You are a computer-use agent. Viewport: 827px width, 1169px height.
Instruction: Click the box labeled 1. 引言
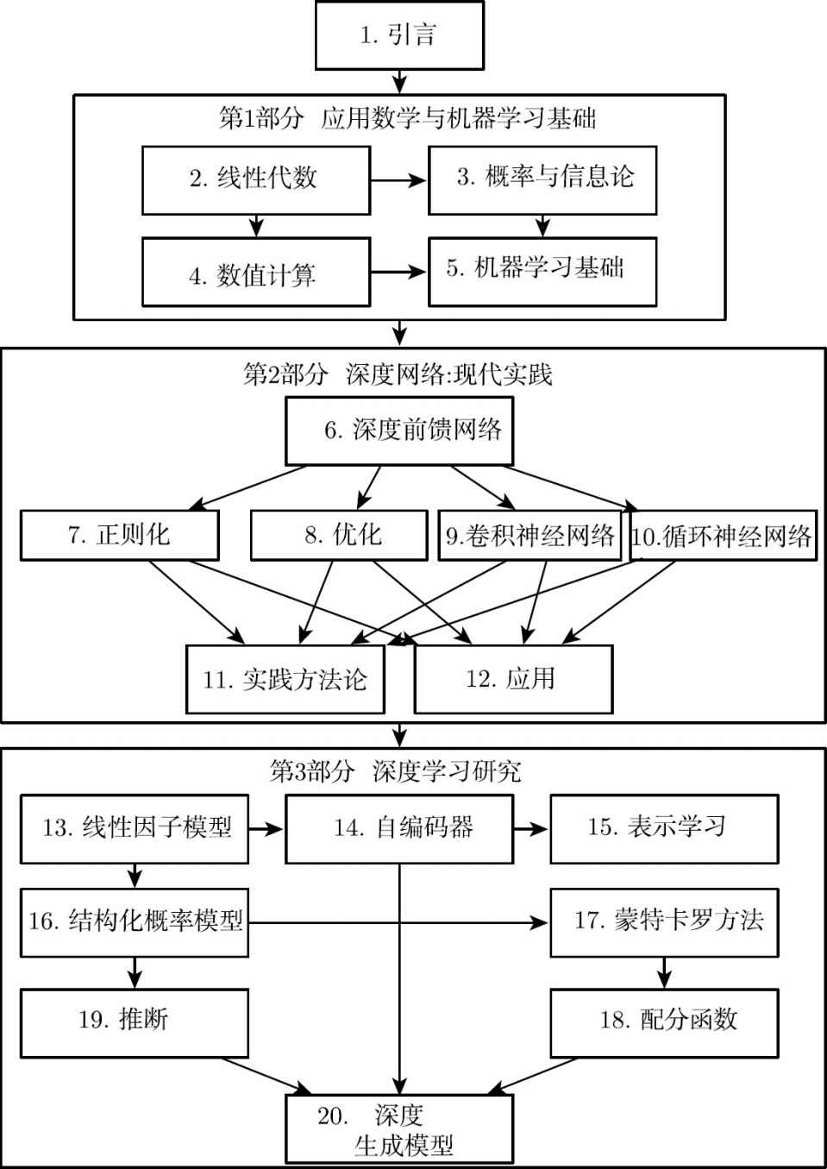point(399,35)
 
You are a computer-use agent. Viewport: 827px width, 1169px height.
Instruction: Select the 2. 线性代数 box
point(256,180)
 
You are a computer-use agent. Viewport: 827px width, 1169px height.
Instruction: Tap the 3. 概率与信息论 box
point(542,180)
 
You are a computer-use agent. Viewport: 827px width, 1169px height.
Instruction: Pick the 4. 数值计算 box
point(256,272)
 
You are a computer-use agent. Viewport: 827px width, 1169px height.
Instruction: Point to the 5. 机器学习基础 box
point(542,272)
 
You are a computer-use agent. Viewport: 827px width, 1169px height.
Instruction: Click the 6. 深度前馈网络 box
point(399,431)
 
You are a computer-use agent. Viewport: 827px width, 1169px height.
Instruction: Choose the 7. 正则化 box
point(120,536)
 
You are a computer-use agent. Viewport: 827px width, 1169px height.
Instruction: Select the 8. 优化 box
point(339,536)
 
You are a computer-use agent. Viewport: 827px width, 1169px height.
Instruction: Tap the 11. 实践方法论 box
point(285,679)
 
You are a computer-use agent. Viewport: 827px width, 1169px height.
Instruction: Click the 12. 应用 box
point(513,679)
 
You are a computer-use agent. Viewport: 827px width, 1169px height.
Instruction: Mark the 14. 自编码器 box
point(399,829)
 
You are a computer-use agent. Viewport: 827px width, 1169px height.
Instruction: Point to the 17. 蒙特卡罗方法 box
point(665,922)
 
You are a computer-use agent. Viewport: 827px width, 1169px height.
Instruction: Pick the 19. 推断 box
point(135,1023)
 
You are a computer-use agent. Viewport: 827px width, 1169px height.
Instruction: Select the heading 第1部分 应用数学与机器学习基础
point(408,118)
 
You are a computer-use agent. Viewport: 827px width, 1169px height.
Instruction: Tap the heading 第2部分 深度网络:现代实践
point(398,374)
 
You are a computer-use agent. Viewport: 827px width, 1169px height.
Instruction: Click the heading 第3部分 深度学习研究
point(396,770)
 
